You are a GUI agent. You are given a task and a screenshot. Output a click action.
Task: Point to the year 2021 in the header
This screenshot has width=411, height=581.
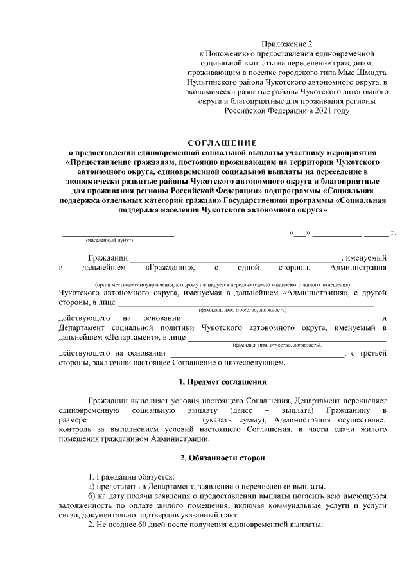coord(326,111)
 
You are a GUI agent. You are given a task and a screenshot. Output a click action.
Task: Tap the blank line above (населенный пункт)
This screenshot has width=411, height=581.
coord(109,234)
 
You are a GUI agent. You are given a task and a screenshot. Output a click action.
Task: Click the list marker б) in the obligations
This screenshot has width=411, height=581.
coord(91,496)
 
